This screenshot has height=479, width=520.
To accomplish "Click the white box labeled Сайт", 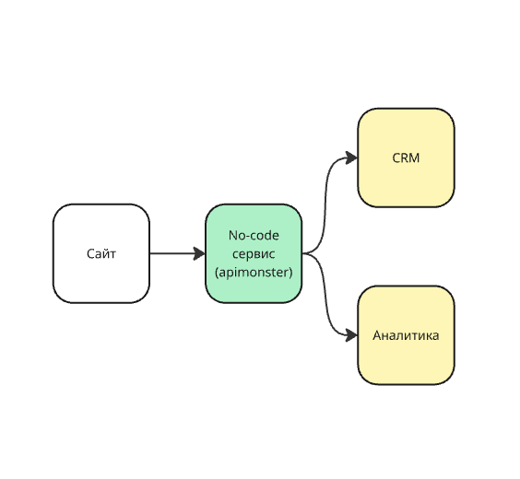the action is [101, 253].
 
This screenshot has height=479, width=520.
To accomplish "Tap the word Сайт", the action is [101, 254].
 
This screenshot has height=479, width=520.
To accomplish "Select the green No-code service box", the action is [254, 253].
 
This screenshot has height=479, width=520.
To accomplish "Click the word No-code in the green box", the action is [254, 236].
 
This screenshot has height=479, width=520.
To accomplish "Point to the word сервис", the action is [254, 254].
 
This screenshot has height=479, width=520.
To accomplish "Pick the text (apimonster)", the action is [254, 273].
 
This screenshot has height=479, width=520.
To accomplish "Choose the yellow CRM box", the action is [406, 158].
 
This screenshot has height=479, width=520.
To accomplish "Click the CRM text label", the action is [406, 158].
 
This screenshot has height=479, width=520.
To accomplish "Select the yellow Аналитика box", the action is [406, 335].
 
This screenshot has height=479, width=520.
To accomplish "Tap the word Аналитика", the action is [406, 335].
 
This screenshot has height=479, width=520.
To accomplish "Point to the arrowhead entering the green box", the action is [199, 253].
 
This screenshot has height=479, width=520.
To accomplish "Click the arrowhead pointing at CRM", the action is [351, 158].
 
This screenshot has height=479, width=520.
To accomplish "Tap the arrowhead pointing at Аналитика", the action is [351, 335].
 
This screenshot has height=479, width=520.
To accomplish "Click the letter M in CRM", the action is [415, 158].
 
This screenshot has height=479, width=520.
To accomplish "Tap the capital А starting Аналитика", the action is [377, 335].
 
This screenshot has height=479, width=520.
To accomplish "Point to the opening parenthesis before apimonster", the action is [217, 273].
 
